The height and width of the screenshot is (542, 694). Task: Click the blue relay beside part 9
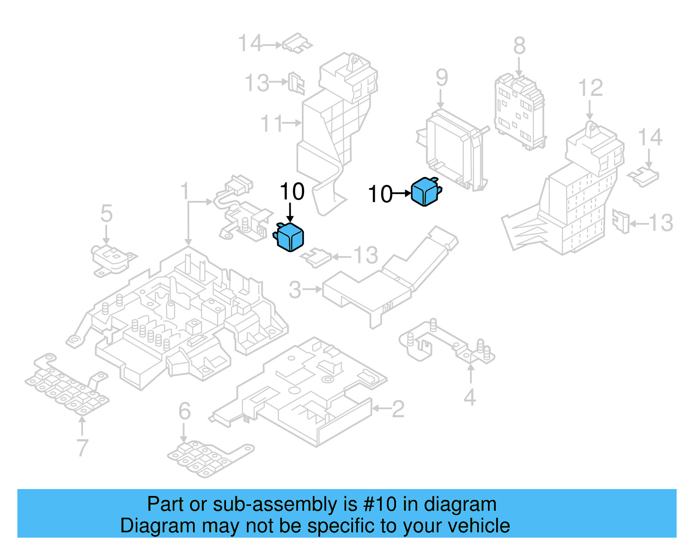[x=426, y=191]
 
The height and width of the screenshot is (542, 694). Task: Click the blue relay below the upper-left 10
[x=289, y=237]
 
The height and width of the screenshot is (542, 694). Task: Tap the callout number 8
[x=519, y=46]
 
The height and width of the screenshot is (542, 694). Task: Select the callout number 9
[x=442, y=78]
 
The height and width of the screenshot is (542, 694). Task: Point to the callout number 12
[x=590, y=88]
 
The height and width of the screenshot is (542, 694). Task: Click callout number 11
[x=272, y=124]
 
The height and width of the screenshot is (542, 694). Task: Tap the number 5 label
[x=106, y=214]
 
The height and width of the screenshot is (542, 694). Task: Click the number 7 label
[x=82, y=447]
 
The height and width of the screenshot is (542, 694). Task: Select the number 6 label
[x=184, y=411]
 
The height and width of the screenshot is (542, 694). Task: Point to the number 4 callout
[x=470, y=397]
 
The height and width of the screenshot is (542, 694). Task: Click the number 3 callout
[x=295, y=289]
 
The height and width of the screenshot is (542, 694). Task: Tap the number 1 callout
[x=185, y=191]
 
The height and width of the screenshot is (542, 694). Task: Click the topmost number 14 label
[x=250, y=44]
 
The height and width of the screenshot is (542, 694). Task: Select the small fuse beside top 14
[x=297, y=44]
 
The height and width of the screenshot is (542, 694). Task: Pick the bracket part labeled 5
[x=112, y=260]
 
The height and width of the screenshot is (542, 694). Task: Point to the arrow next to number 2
[x=381, y=408]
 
